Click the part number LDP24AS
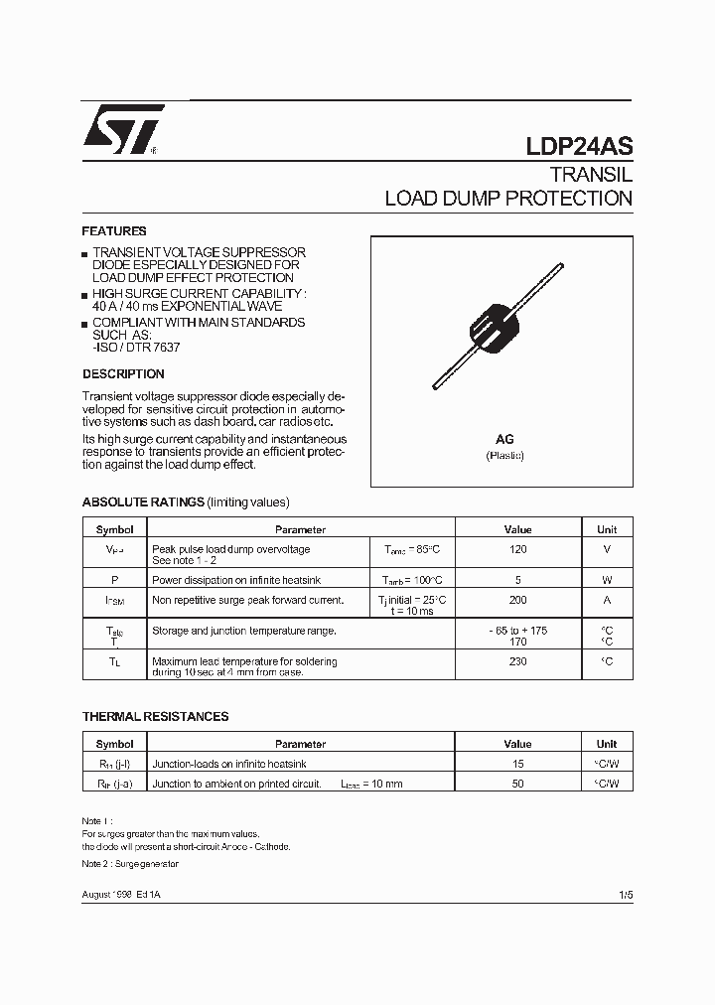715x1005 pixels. [579, 146]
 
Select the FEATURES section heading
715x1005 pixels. [114, 230]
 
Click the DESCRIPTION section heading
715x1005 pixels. [123, 374]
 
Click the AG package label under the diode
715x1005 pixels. [504, 439]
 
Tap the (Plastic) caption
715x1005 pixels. [504, 456]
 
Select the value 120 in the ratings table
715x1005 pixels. [517, 549]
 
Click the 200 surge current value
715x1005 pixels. [517, 600]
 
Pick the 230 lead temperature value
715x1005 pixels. [517, 661]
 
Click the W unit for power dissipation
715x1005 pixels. [607, 579]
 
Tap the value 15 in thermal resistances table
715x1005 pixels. [517, 764]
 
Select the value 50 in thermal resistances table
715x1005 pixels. [517, 784]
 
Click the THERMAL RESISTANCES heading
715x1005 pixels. [155, 716]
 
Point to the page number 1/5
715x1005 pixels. [625, 895]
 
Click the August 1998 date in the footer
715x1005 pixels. [108, 896]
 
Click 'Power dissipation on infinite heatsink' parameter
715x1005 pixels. [236, 579]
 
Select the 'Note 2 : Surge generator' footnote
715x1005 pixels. [130, 864]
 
